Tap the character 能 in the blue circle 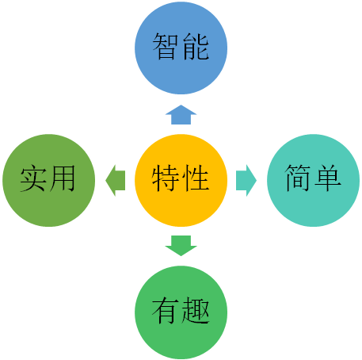coord(196,46)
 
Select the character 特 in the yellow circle coord(165,178)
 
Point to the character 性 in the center coord(196,178)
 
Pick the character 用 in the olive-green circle coord(63,178)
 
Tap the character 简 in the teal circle coord(297,178)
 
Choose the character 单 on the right coord(328,178)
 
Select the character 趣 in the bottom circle coord(196,310)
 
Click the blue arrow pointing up coord(181,115)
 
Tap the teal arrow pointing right coord(246,181)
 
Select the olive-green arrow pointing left coord(116,181)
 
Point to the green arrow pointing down coord(181,246)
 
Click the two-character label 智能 coord(181,46)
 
